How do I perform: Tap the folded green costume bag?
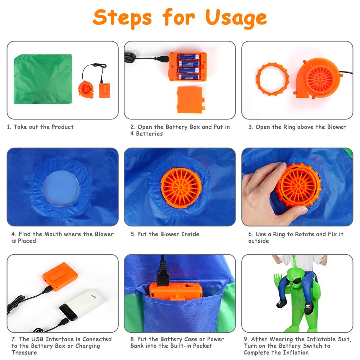(43, 79)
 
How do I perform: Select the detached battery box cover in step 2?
(191, 100)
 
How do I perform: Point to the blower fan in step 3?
(318, 78)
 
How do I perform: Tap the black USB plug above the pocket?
(163, 274)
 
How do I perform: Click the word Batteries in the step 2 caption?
(149, 134)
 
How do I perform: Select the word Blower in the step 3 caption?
(336, 127)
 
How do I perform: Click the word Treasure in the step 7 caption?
(24, 352)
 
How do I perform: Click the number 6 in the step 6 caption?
(250, 234)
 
